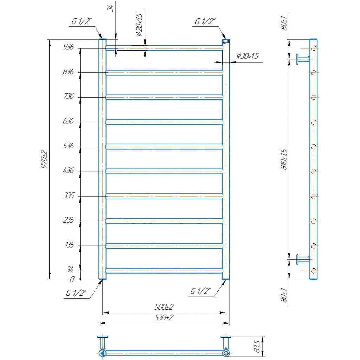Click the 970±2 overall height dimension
[44, 159]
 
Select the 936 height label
[69, 47]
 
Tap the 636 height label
[69, 121]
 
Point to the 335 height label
[69, 195]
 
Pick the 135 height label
[70, 245]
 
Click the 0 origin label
[72, 279]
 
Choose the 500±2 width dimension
[164, 307]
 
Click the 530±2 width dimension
[164, 318]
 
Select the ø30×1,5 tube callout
[247, 56]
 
